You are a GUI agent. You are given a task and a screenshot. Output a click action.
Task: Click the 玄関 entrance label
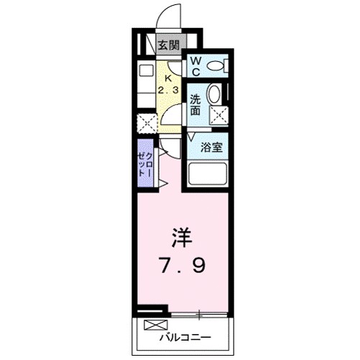coord(169,45)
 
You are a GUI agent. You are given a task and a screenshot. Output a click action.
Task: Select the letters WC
coord(195,66)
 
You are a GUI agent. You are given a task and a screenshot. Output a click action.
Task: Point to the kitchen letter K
coord(170,78)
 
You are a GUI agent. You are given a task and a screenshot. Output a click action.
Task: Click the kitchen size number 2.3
coord(170,90)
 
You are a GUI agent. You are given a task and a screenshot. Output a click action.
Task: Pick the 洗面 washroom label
coord(195,106)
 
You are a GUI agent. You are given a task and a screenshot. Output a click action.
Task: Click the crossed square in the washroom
coord(218,114)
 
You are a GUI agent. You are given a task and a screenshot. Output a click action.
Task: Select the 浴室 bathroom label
coord(210,147)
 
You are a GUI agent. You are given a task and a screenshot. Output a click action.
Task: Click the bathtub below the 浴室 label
coord(207,175)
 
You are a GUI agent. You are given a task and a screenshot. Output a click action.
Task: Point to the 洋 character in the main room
coord(181,236)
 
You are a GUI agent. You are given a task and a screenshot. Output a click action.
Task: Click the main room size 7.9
coord(182,267)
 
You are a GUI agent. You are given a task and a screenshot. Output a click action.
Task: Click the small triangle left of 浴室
coord(192,136)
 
